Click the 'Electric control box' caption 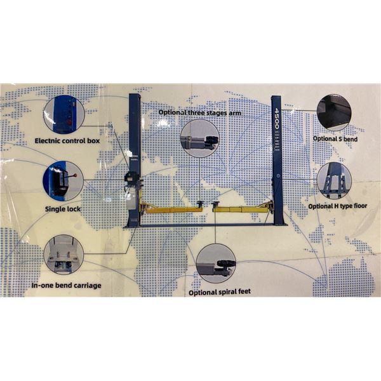(67, 140)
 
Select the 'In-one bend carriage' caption (66, 285)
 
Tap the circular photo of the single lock (62, 180)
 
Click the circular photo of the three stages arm (199, 138)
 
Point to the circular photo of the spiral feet (216, 264)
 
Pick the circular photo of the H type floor (335, 180)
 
